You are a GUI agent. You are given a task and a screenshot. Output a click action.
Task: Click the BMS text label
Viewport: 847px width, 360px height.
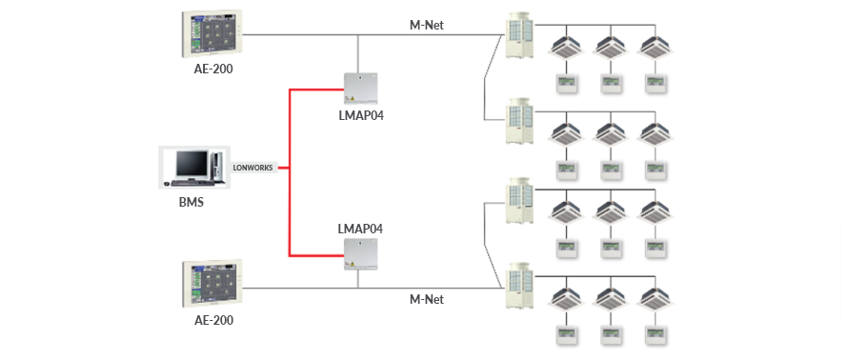click(191, 202)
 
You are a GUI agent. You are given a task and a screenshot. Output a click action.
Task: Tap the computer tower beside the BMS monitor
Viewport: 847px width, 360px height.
click(217, 166)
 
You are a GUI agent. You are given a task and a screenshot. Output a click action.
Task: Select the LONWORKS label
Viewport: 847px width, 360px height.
click(252, 168)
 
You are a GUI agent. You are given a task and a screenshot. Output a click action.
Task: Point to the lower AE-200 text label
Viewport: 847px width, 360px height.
click(207, 320)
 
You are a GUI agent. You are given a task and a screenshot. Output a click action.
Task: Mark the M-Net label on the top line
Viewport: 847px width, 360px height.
click(426, 24)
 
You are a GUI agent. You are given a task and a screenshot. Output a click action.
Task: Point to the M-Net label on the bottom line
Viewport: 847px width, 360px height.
click(426, 299)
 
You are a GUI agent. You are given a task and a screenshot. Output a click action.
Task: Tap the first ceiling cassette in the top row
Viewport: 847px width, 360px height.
click(570, 46)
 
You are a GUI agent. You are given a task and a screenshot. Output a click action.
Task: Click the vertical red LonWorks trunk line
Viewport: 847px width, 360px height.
click(289, 171)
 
